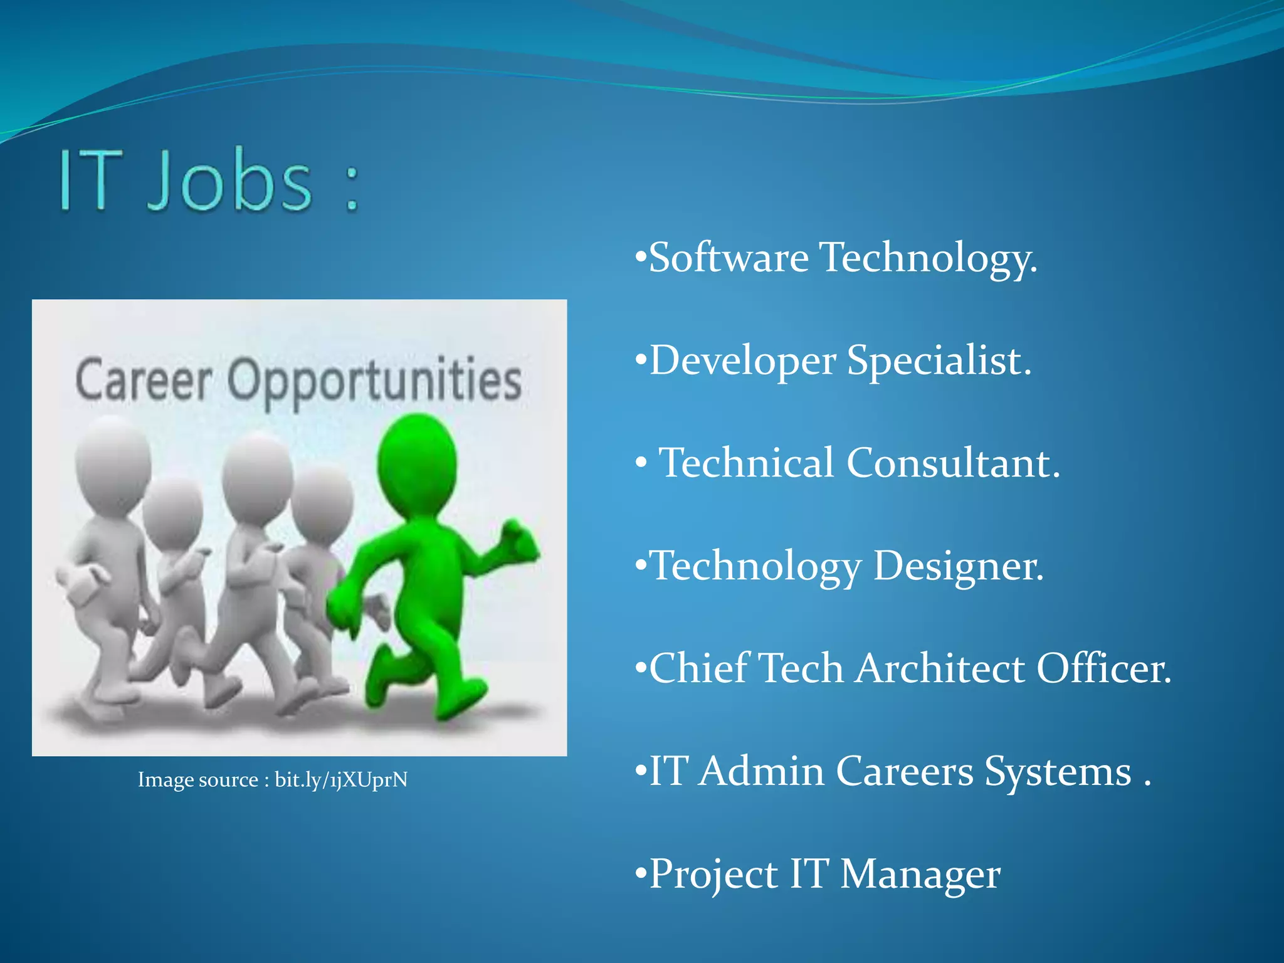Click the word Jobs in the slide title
229,182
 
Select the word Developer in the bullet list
742,361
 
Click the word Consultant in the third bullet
953,463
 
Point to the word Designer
958,566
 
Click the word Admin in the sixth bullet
761,771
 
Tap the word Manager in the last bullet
920,874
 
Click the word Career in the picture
144,380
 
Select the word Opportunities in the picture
374,381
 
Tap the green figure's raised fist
520,539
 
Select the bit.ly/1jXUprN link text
341,779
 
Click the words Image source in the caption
197,779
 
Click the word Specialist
939,361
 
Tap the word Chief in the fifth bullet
698,668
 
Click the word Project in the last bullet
713,874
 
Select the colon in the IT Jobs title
352,187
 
